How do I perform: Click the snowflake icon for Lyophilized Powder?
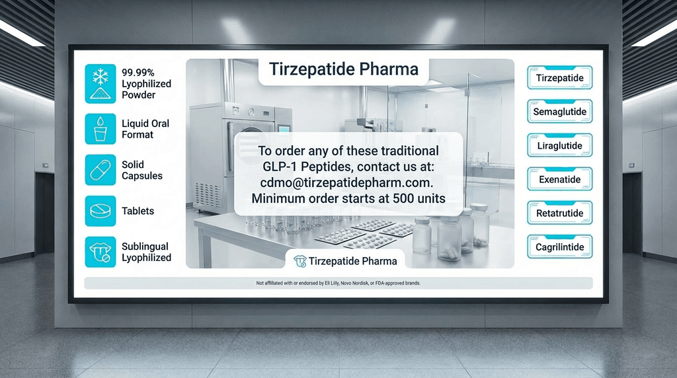(100, 83)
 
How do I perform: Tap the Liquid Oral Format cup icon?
(100, 129)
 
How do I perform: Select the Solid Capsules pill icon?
(100, 170)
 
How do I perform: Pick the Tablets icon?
(100, 211)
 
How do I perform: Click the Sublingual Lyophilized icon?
(100, 252)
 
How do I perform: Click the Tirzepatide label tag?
(559, 78)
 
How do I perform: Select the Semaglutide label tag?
(559, 112)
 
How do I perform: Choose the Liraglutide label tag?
(559, 145)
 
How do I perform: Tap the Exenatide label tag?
(559, 179)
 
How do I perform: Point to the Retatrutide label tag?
(559, 213)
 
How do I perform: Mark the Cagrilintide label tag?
(559, 247)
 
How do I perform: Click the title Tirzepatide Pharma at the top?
(343, 70)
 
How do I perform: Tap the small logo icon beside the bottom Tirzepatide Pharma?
(300, 261)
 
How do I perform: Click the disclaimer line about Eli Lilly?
(338, 283)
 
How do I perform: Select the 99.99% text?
(139, 73)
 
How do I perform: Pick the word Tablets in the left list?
(138, 211)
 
